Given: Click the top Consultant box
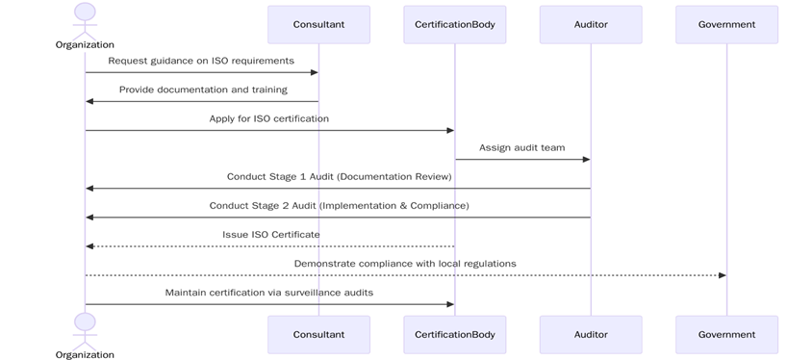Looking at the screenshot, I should click(x=318, y=24).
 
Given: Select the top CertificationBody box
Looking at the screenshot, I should click(x=454, y=24).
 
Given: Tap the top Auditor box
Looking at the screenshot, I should click(x=591, y=24).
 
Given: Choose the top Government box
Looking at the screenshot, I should click(x=726, y=24).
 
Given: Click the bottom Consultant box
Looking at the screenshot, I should click(x=318, y=334).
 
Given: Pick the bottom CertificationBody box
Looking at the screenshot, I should click(x=454, y=334).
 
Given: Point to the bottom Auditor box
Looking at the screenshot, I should click(x=591, y=334).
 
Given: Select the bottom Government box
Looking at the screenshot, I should click(x=726, y=334).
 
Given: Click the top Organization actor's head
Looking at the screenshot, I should click(x=85, y=12).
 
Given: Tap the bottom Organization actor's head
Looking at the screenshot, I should click(x=85, y=321).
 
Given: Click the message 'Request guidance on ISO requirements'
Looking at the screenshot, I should click(x=201, y=61).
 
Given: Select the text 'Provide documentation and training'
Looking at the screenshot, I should click(x=203, y=90).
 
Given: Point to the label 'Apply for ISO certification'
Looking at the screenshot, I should click(x=269, y=118).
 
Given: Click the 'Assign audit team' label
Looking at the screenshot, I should click(x=522, y=147).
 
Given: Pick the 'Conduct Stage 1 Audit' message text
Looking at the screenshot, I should click(x=339, y=176).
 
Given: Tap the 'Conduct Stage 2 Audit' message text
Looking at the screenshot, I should click(x=339, y=205).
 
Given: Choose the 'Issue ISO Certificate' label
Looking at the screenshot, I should click(x=271, y=234).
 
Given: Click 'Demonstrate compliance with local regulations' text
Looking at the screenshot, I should click(x=405, y=263).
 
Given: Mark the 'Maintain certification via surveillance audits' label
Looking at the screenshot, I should click(x=269, y=292).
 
